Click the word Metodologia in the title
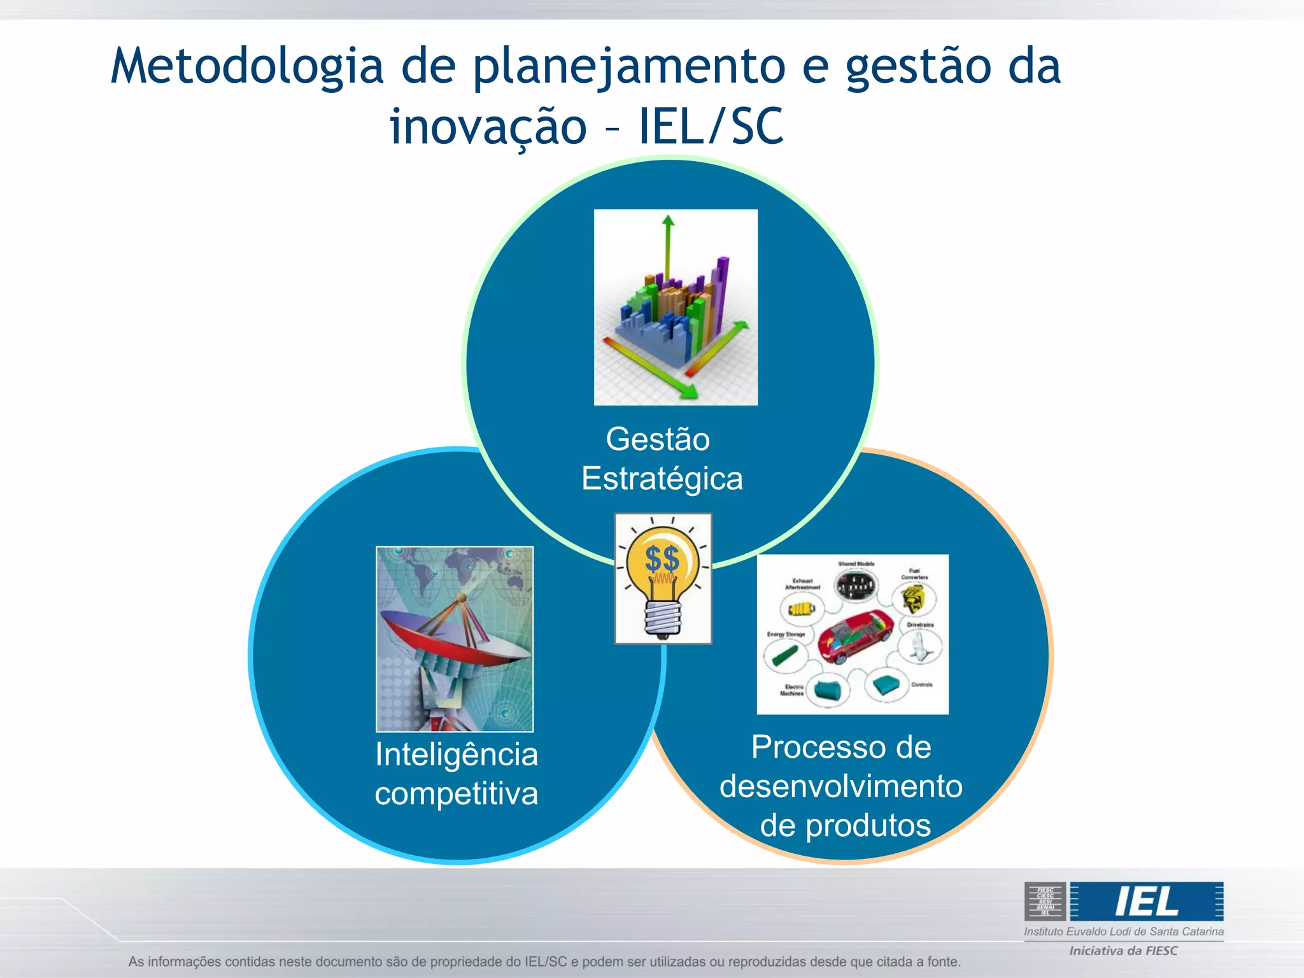click(247, 67)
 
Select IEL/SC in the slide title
click(711, 127)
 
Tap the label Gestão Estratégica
click(661, 458)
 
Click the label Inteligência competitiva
click(456, 773)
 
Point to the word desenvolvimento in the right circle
click(840, 786)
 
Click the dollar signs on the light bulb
click(662, 559)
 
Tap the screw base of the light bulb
click(663, 618)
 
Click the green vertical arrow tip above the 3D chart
click(668, 222)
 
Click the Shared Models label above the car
click(856, 564)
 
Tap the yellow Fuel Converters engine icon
click(913, 598)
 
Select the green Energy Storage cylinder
click(784, 655)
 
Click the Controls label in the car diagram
click(921, 684)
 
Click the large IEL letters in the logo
click(1146, 902)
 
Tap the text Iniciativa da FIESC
click(1123, 951)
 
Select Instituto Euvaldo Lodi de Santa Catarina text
click(1123, 932)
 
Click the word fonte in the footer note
click(942, 961)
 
